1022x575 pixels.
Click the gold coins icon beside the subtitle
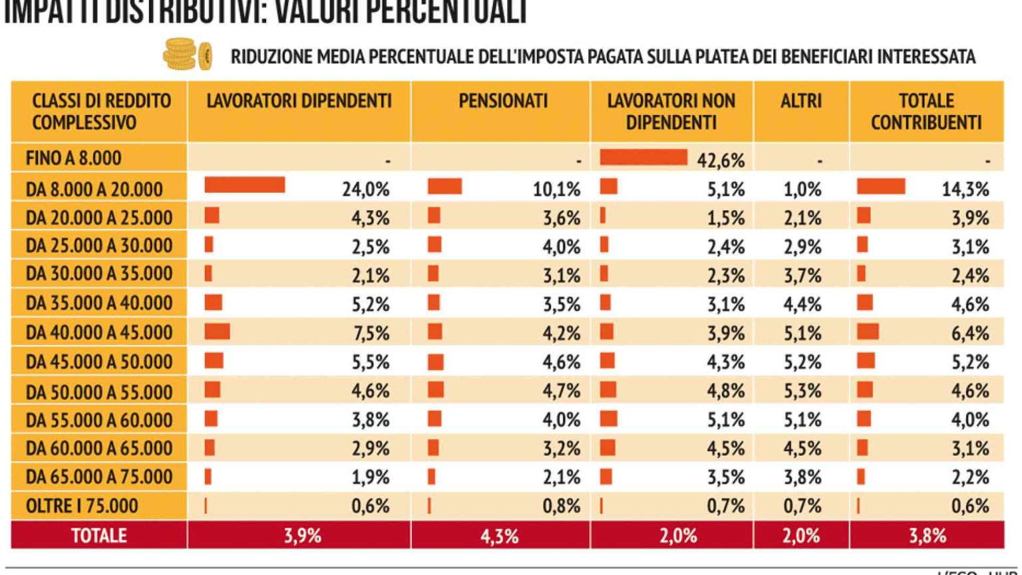[x=187, y=55]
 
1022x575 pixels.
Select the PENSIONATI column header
[x=502, y=101]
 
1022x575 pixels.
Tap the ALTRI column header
[x=801, y=101]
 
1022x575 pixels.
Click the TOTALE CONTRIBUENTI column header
[x=926, y=112]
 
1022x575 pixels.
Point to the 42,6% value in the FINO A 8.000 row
[x=721, y=160]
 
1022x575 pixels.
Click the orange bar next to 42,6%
[x=643, y=158]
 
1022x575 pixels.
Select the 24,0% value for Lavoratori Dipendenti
[x=365, y=190]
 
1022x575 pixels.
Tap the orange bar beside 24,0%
[x=244, y=186]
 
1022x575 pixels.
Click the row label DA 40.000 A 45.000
[x=99, y=332]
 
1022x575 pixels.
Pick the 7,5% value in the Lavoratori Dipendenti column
[x=370, y=333]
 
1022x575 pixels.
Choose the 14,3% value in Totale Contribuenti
[x=965, y=190]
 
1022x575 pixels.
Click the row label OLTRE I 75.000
[x=82, y=506]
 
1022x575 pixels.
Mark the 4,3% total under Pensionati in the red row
[x=499, y=536]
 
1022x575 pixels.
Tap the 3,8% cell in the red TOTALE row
[x=927, y=536]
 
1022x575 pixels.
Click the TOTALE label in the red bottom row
[x=98, y=536]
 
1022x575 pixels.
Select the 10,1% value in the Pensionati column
[x=556, y=190]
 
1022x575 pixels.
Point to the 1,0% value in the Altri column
[x=802, y=190]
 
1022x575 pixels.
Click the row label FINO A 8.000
[x=74, y=158]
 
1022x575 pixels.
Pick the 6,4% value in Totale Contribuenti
[x=969, y=333]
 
